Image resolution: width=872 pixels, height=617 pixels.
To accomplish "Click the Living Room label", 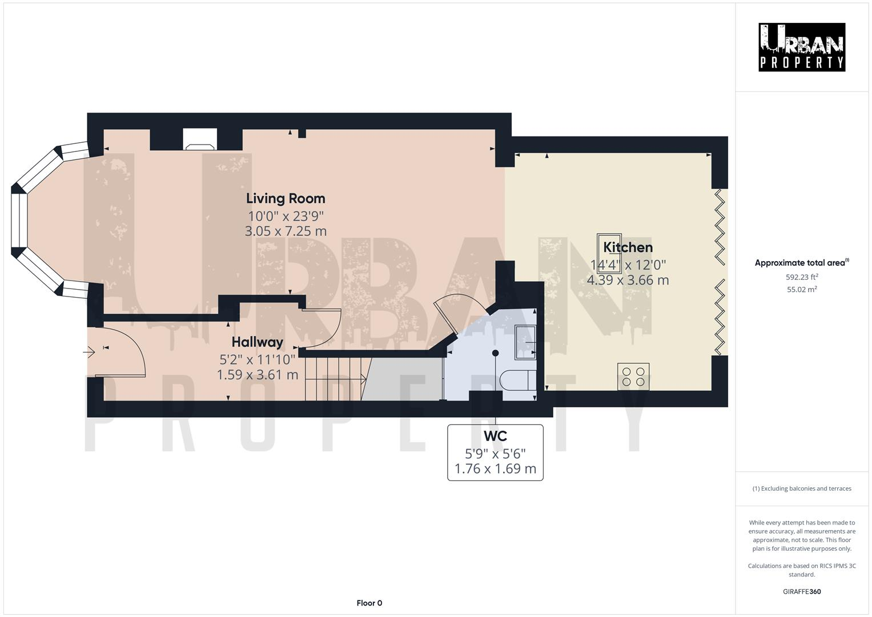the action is click(286, 198).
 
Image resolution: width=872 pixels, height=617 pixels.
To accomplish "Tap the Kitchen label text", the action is click(628, 247).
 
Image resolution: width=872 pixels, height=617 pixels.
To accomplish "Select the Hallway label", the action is click(258, 342).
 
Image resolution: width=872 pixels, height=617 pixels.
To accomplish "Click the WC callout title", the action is click(495, 436).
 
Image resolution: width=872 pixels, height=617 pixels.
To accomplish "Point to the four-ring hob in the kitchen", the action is click(633, 376).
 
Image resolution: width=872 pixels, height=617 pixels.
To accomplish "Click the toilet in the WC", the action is click(517, 380).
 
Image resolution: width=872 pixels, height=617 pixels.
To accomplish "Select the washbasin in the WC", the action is click(525, 342).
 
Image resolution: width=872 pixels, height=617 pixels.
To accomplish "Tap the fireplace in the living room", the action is click(200, 139).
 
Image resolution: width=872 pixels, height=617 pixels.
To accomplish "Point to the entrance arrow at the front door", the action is click(89, 352).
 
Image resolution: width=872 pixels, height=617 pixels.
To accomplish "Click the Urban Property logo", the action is click(802, 47).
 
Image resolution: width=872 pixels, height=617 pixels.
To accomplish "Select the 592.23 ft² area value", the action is click(802, 277).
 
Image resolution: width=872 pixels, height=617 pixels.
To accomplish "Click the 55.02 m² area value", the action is click(802, 290).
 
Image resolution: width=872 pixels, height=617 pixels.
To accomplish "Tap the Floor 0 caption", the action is click(369, 603).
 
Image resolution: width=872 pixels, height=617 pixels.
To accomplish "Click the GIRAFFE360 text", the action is click(802, 591).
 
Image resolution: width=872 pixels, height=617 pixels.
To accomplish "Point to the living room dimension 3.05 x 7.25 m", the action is click(286, 231).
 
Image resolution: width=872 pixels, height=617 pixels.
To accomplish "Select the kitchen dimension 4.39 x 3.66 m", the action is click(628, 280).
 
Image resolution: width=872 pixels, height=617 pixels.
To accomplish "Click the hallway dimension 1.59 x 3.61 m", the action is click(258, 375).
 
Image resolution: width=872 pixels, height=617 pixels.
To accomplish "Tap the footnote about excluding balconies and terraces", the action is click(802, 488).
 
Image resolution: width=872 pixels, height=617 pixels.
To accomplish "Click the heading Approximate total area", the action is click(802, 263).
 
